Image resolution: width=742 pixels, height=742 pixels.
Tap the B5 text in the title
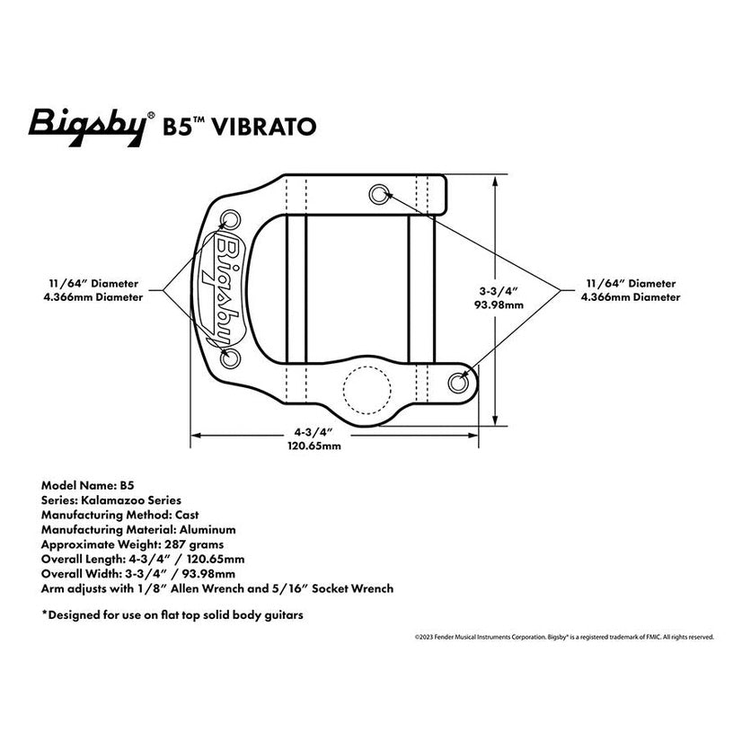[x=177, y=127]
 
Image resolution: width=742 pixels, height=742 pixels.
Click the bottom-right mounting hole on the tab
[x=460, y=380]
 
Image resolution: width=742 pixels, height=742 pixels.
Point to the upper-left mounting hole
[x=230, y=220]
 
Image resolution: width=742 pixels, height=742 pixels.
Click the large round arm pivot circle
[x=367, y=393]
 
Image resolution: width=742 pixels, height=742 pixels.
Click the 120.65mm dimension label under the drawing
[x=314, y=445]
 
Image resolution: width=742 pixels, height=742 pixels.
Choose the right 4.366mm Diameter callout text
[x=629, y=296]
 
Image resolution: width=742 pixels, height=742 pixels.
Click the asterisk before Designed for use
[x=44, y=616]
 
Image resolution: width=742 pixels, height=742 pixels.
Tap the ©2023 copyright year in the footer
[x=425, y=637]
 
